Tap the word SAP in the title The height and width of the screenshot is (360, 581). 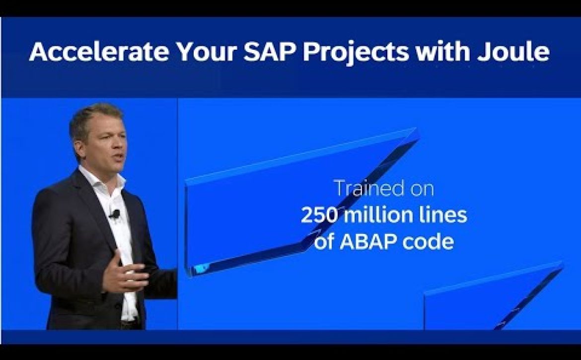[270, 51]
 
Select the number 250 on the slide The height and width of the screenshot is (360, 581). [319, 215]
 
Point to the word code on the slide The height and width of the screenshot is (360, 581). [428, 242]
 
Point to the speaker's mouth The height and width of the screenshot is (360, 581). [119, 157]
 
